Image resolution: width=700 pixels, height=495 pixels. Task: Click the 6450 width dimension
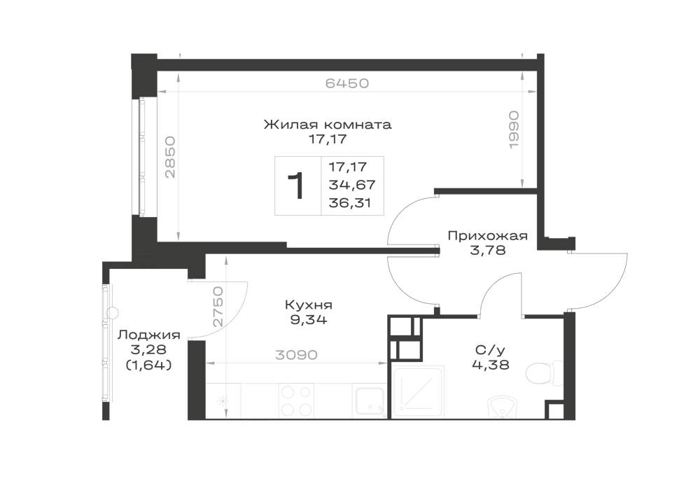pyautogui.click(x=347, y=83)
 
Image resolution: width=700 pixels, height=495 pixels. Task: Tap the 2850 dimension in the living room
pyautogui.click(x=171, y=157)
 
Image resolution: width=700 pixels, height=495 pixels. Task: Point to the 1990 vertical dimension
pyautogui.click(x=514, y=130)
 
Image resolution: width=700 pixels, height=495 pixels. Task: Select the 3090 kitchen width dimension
pyautogui.click(x=296, y=355)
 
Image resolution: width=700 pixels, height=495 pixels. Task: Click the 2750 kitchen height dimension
pyautogui.click(x=218, y=307)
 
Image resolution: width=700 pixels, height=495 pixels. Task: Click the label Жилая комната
pyautogui.click(x=328, y=124)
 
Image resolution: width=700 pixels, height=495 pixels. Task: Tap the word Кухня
pyautogui.click(x=309, y=305)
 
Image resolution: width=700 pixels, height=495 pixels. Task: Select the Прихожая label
pyautogui.click(x=487, y=236)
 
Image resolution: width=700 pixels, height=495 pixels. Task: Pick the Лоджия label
pyautogui.click(x=149, y=335)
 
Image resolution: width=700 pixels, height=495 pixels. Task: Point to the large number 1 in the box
pyautogui.click(x=296, y=186)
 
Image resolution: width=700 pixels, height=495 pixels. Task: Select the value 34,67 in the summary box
pyautogui.click(x=352, y=184)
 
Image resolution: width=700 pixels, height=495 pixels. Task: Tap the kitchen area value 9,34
pyautogui.click(x=309, y=319)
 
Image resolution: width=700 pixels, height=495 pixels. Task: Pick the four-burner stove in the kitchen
pyautogui.click(x=296, y=400)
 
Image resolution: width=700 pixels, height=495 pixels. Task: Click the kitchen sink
pyautogui.click(x=369, y=403)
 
